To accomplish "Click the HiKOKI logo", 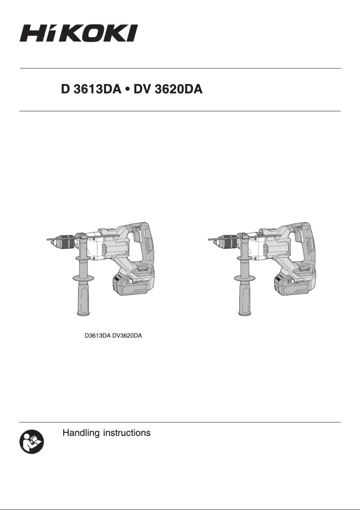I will [x=78, y=33].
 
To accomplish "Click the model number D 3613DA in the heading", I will [x=91, y=90].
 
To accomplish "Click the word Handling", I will [x=81, y=433].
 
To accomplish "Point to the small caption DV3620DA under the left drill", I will [x=127, y=336].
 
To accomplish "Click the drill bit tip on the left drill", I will [x=49, y=241].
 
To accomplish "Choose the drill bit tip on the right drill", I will [x=211, y=241].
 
